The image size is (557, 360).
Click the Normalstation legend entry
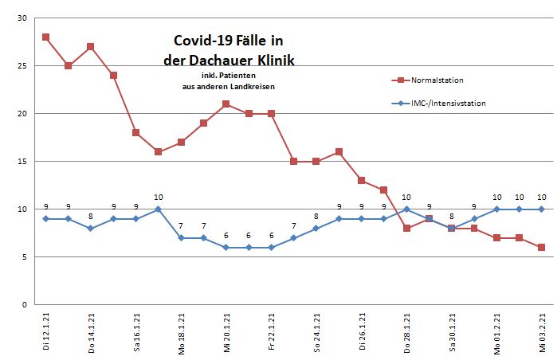(437, 80)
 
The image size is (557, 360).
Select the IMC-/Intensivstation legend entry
(449, 103)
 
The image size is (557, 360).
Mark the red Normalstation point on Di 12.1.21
(46, 37)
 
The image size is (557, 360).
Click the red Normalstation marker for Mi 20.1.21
(226, 104)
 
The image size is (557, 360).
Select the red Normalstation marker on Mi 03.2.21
(542, 247)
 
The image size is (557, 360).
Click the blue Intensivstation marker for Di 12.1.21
(46, 218)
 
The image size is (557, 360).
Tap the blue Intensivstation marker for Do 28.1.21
(406, 209)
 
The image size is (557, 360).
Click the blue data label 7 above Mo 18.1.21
(181, 225)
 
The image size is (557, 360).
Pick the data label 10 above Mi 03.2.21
(542, 197)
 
